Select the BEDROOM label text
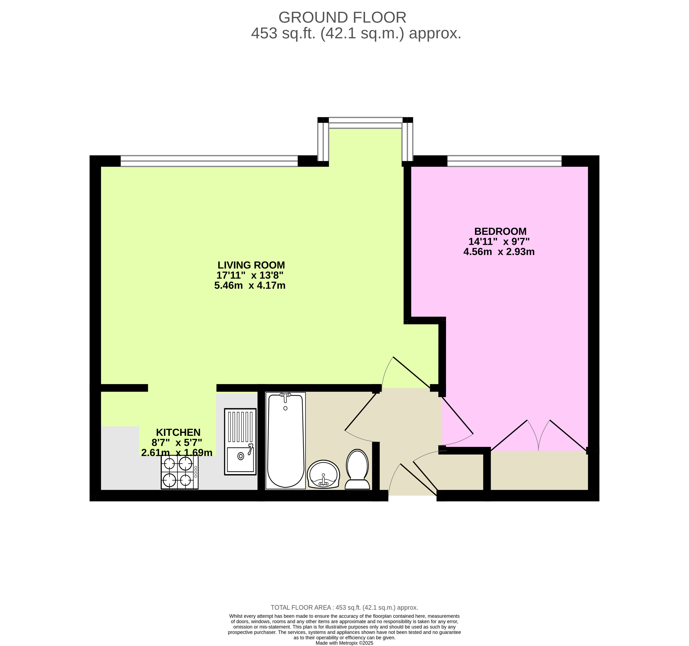point(500,231)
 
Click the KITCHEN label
point(178,432)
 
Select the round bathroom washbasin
point(323,474)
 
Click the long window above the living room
point(209,161)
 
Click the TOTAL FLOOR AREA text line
point(344,607)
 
